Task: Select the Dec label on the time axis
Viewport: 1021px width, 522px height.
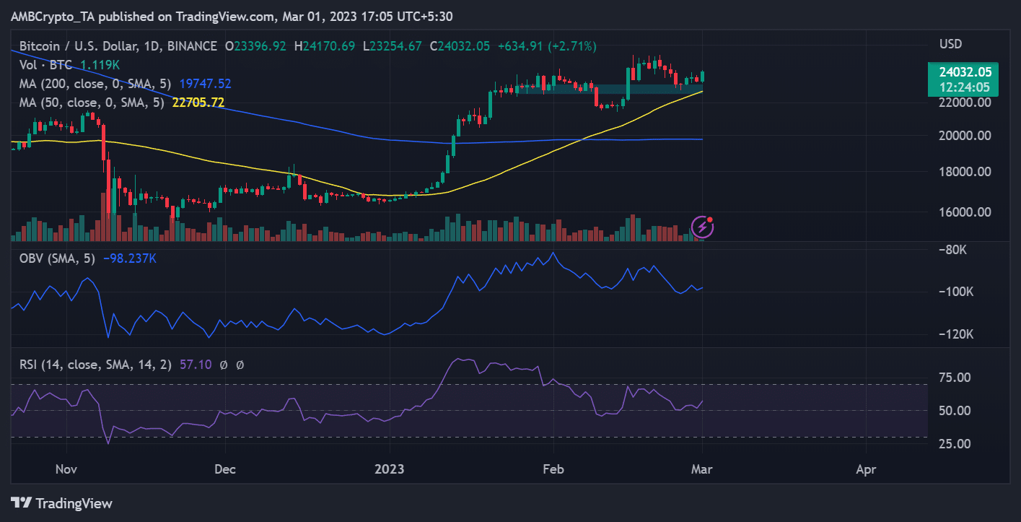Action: [x=225, y=469]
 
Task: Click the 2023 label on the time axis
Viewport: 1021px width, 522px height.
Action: [x=389, y=469]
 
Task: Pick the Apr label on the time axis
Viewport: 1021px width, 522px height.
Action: [x=865, y=469]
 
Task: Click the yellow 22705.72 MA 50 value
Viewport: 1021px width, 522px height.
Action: [x=198, y=103]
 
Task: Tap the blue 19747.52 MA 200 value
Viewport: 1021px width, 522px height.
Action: [x=205, y=84]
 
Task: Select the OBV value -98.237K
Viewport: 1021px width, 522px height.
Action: [x=130, y=258]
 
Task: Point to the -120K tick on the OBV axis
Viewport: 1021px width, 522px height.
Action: [x=955, y=335]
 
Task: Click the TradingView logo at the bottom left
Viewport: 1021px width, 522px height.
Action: [x=62, y=503]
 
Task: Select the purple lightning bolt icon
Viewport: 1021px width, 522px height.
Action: [x=702, y=227]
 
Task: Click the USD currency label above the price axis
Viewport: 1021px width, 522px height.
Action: [x=950, y=44]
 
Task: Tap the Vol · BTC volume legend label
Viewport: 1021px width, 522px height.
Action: [x=42, y=65]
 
